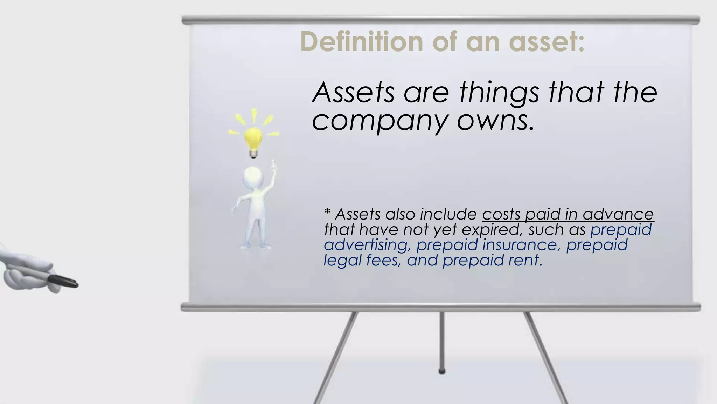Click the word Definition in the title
pos(361,42)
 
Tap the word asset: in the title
pos(546,42)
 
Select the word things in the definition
pos(499,93)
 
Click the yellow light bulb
pos(253,139)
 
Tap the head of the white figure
pos(253,177)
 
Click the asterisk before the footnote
pos(327,212)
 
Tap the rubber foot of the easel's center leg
pos(442,371)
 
